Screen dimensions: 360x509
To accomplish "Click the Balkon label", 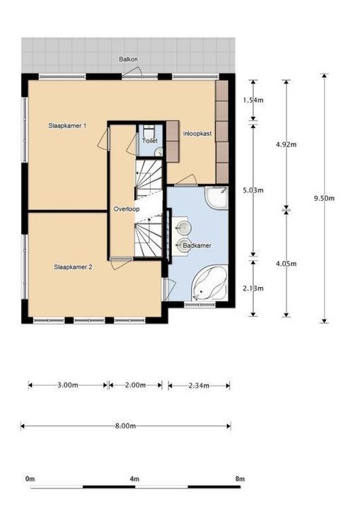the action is (x=128, y=59).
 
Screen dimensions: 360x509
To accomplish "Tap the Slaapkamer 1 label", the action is (x=67, y=126).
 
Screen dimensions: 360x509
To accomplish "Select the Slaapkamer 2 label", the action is (x=73, y=267).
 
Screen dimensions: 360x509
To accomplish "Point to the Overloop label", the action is (x=127, y=209).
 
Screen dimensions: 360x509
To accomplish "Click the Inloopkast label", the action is (x=197, y=134).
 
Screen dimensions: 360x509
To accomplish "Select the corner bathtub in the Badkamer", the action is (x=209, y=283).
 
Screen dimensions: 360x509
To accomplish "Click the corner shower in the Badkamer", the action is (x=216, y=197).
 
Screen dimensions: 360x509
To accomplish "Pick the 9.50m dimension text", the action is (x=324, y=199).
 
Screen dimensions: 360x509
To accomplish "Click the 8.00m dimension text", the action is (x=125, y=426).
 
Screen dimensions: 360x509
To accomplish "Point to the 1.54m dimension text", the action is (x=253, y=100).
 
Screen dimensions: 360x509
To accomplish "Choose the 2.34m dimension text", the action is (x=199, y=386).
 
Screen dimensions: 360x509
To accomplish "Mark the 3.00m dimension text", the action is (x=68, y=385).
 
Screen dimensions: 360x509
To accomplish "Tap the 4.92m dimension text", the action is (x=286, y=145).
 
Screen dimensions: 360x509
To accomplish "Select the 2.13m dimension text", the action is (x=253, y=288).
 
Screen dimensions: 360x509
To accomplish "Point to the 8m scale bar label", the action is (x=240, y=479).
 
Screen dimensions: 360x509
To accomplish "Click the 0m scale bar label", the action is (x=30, y=479).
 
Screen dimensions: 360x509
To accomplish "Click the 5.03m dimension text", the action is (x=253, y=190).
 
